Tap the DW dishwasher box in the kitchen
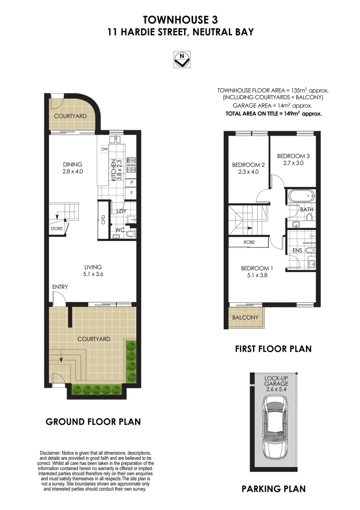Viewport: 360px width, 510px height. click(104, 149)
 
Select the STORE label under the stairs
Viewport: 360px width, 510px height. click(57, 229)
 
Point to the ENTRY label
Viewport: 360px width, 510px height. click(60, 287)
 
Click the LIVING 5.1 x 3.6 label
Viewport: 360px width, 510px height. click(93, 271)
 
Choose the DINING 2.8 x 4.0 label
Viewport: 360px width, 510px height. click(73, 168)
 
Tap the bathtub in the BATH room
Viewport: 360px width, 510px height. click(300, 196)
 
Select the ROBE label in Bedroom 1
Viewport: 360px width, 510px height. click(249, 242)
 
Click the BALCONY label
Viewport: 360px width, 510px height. click(245, 317)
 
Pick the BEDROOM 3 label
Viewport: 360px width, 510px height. click(293, 160)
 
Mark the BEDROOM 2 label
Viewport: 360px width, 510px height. click(248, 169)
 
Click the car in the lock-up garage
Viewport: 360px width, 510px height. click(274, 427)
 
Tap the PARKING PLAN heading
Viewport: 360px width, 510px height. click(273, 489)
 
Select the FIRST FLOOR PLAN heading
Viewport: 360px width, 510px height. click(273, 349)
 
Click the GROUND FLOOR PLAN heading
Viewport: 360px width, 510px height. click(93, 421)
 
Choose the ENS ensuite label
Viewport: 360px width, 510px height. click(297, 250)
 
